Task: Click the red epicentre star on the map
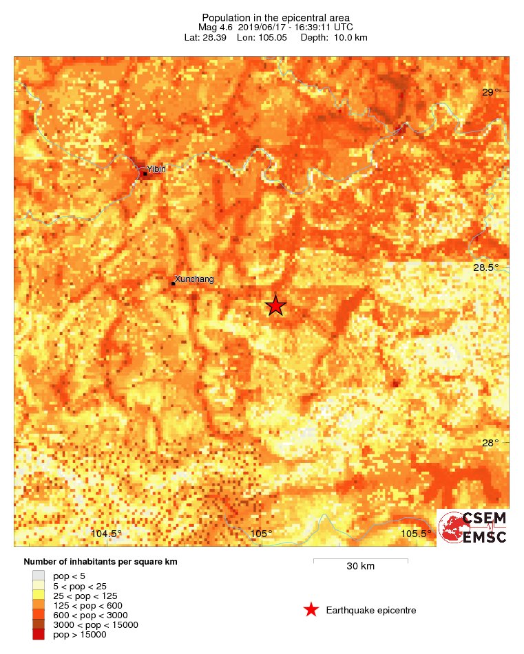pos(275,305)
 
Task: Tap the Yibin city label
pos(156,169)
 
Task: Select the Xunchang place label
pos(195,279)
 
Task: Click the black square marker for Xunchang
pos(173,283)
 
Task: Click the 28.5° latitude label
pos(493,268)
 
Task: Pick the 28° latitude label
pos(490,443)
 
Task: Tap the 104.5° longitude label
pos(107,534)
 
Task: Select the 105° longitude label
pos(262,534)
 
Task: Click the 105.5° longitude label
pos(417,534)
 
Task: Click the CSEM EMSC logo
pos(473,527)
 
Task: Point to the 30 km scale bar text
pos(360,567)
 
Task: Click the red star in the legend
pos(311,610)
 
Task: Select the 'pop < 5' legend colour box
pos(39,576)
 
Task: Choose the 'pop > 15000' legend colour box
pos(39,635)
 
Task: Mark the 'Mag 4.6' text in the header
pos(213,27)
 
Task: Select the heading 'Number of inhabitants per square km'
pos(101,562)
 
